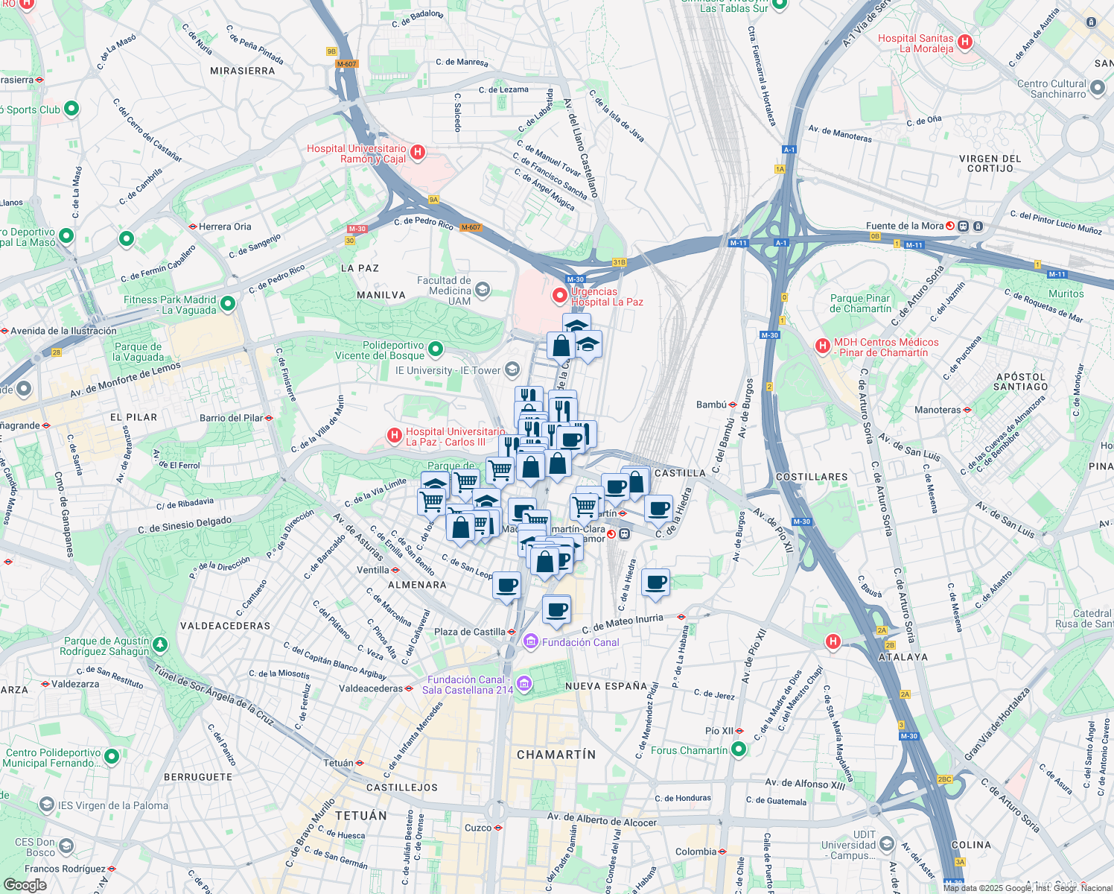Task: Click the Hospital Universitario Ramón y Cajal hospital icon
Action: [x=418, y=153]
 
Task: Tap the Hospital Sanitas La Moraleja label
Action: [x=915, y=43]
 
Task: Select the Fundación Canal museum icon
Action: [x=530, y=641]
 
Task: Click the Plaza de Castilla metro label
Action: [x=470, y=632]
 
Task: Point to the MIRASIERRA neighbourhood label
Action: [x=243, y=71]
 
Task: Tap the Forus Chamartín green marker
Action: [x=738, y=749]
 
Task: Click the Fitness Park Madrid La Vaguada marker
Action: [x=228, y=304]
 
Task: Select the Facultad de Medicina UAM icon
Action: [x=483, y=289]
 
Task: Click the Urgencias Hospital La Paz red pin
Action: [x=559, y=296]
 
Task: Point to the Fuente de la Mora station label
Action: [x=904, y=226]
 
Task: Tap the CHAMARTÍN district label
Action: [x=556, y=755]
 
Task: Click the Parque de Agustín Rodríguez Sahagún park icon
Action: [x=160, y=644]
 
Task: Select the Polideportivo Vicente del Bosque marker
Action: [x=436, y=349]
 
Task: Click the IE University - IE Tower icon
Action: [x=512, y=370]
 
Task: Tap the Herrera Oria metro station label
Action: [x=225, y=226]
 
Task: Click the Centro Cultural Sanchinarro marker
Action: [x=1097, y=89]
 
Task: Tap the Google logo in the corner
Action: [x=25, y=884]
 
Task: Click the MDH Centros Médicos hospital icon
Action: [x=823, y=346]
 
